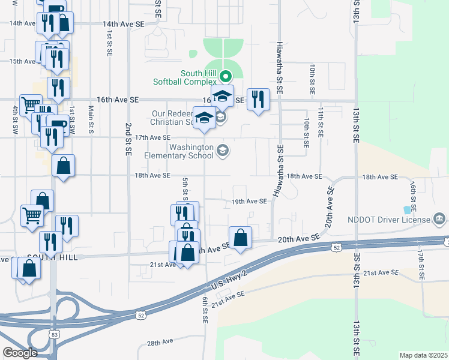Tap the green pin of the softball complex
click(x=226, y=76)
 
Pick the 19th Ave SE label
click(x=249, y=202)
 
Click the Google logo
click(x=20, y=352)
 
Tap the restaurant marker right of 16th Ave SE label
click(x=258, y=99)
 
